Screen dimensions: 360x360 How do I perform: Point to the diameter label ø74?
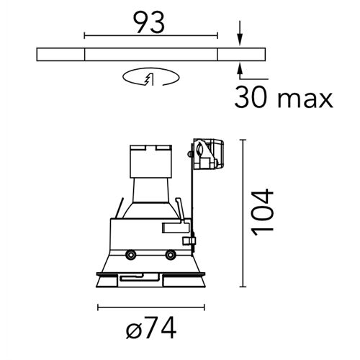(150, 329)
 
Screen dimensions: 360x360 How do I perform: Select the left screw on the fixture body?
(131, 255)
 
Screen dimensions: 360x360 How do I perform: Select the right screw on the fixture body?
(171, 255)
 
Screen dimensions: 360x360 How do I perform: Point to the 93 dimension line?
(150, 35)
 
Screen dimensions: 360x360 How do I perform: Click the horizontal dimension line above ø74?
(150, 307)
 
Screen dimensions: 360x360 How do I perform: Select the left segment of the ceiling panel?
(60, 55)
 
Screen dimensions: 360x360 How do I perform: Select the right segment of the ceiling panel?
(240, 55)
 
